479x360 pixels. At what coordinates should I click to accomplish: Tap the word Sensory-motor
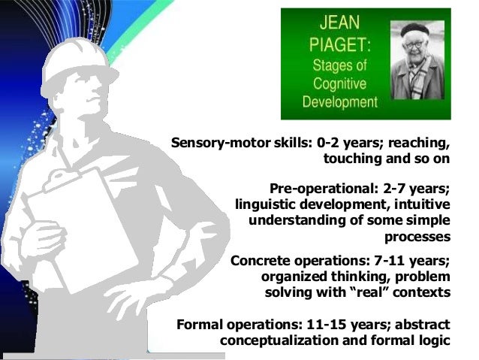click(x=218, y=143)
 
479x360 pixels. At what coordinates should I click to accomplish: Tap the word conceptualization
click(x=288, y=340)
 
